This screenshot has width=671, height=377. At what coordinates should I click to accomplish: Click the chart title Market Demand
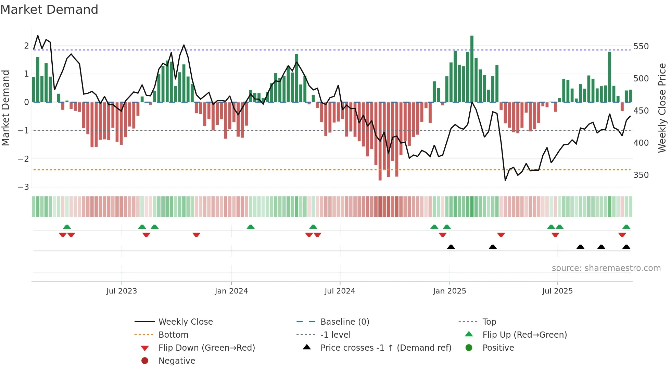[49, 10]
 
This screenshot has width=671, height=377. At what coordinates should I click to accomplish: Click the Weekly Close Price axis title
[662, 108]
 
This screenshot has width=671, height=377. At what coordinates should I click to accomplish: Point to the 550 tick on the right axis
[641, 47]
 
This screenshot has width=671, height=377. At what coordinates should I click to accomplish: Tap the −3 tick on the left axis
[24, 187]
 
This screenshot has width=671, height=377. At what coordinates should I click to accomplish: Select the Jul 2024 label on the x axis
[340, 291]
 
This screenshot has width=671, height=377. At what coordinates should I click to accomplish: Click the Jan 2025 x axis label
[449, 291]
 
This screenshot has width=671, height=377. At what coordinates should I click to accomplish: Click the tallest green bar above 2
[472, 68]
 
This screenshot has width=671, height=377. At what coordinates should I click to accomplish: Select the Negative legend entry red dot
[145, 361]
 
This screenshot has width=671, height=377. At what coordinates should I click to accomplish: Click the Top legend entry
[489, 322]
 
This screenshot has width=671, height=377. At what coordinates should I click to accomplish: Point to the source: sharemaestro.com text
[606, 268]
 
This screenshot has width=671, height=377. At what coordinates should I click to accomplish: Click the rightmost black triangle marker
[626, 247]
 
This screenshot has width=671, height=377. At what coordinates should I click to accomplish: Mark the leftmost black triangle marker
[451, 247]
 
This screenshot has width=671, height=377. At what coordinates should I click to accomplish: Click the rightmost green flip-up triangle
[626, 227]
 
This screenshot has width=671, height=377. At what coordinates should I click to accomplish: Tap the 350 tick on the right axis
[641, 175]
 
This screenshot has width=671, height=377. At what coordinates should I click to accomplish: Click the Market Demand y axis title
[6, 108]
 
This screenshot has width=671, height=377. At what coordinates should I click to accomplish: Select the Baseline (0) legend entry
[344, 322]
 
